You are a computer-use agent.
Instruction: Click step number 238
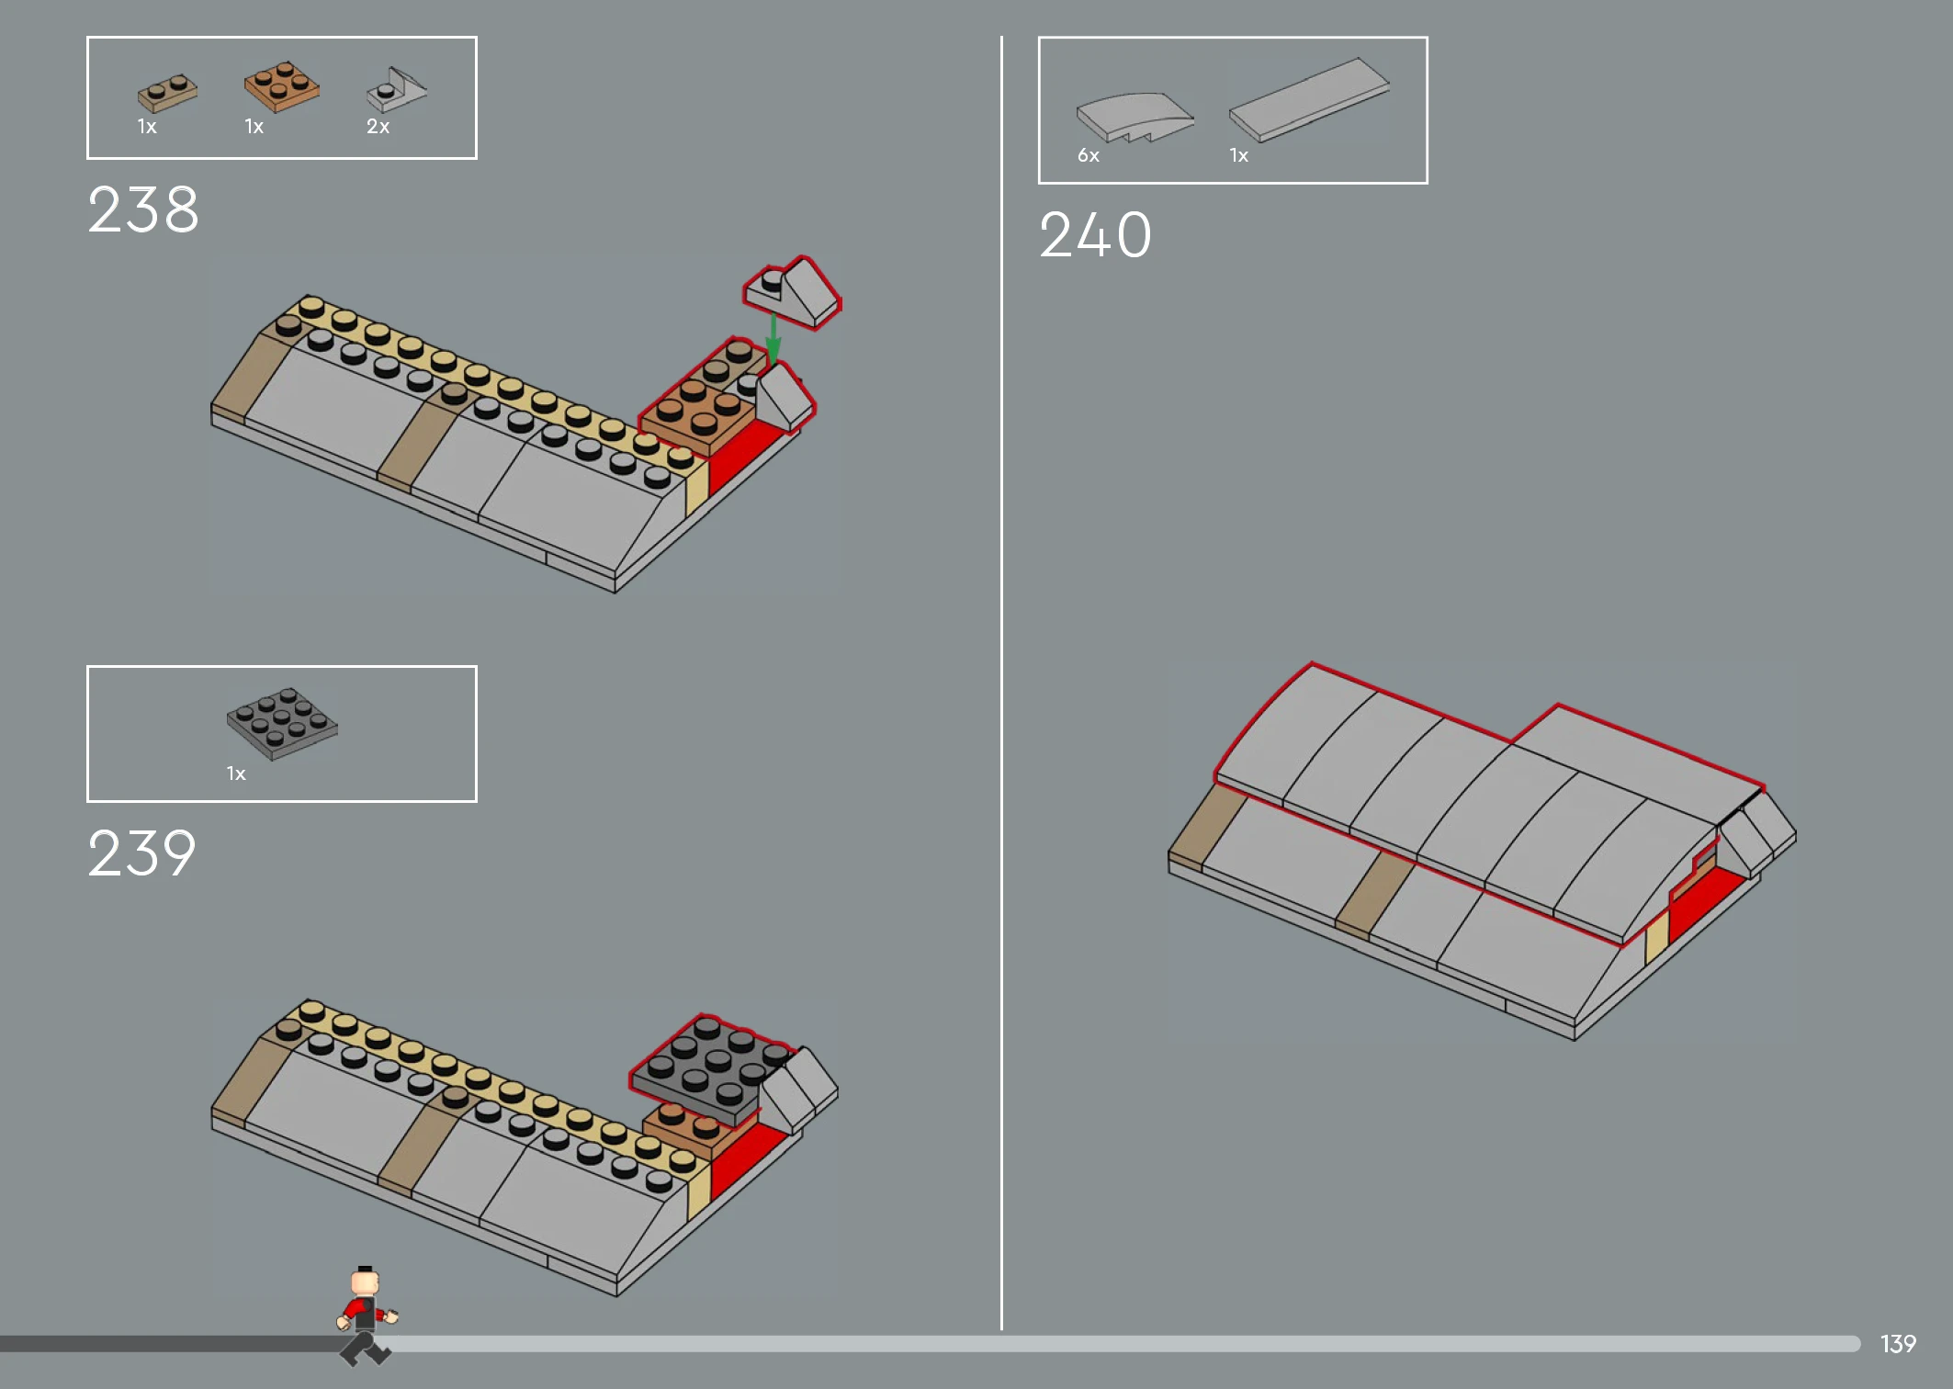tap(143, 209)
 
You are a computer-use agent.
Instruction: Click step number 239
tap(142, 853)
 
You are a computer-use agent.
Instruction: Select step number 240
tap(1095, 235)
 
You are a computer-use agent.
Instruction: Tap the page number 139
tap(1898, 1344)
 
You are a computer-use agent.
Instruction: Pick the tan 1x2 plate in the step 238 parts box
tap(167, 92)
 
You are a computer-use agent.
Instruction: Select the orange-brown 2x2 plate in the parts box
tap(282, 86)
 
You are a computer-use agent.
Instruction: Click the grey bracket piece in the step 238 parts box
tap(397, 89)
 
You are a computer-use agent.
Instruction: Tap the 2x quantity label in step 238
tap(378, 127)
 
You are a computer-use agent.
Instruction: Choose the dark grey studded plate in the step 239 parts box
tap(282, 723)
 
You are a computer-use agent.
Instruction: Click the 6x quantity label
tap(1089, 156)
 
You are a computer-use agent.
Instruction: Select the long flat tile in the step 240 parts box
tap(1309, 99)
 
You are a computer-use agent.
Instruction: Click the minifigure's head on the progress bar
tap(366, 1282)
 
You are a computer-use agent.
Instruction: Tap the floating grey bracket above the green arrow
tap(792, 293)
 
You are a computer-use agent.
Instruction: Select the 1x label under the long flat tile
tap(1239, 156)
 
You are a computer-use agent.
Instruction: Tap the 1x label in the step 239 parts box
tap(236, 774)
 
